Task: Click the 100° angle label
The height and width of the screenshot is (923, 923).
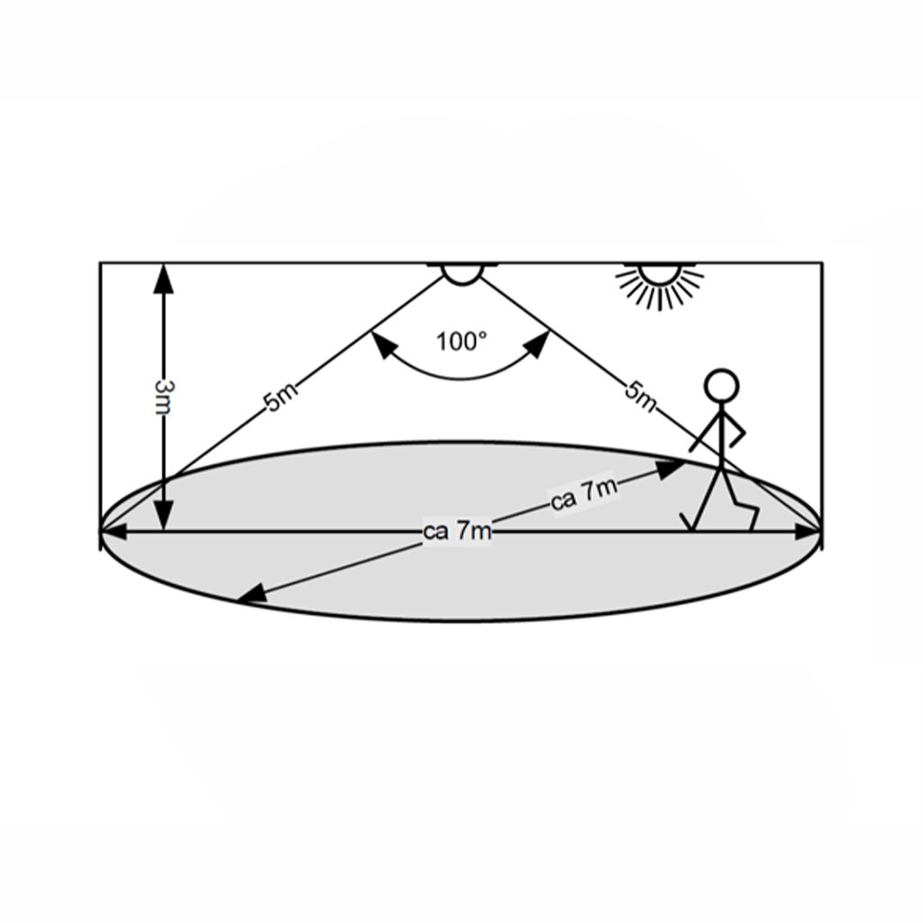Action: coord(461,342)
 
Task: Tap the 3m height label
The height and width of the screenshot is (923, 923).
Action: coord(163,397)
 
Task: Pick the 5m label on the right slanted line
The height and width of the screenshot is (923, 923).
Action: coord(639,395)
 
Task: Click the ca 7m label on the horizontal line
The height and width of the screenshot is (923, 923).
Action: coord(457,532)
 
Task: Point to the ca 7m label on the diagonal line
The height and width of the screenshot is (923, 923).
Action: coord(584,495)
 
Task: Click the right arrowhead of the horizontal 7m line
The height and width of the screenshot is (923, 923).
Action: coord(808,532)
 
